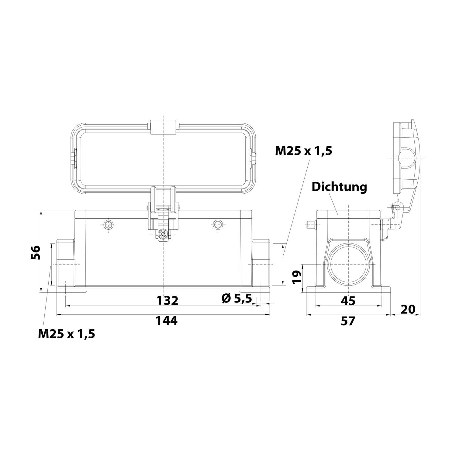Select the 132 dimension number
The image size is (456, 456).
[x=167, y=300]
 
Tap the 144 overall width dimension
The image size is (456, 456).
[x=167, y=320]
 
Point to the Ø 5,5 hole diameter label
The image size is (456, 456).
[x=237, y=299]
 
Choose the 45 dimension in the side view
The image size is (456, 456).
[x=348, y=301]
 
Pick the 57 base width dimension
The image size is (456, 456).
[x=348, y=321]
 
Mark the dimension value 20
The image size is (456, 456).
[x=408, y=309]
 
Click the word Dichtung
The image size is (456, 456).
[x=339, y=187]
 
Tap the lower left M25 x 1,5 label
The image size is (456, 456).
[x=67, y=334]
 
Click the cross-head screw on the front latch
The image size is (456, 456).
[x=163, y=235]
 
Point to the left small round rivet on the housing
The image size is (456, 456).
[x=108, y=225]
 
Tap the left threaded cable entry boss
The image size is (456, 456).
[x=65, y=263]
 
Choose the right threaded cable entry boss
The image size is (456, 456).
[x=261, y=263]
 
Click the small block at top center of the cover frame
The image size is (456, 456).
[x=164, y=128]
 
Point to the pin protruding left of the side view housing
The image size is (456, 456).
[x=310, y=225]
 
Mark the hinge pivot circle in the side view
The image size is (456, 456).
[x=398, y=207]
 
